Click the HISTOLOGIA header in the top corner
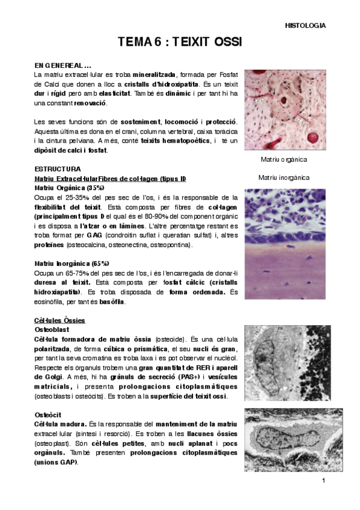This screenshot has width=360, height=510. coord(305,26)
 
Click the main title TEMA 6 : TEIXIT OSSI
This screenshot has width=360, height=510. coord(180,41)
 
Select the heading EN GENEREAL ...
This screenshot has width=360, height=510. coord(63,65)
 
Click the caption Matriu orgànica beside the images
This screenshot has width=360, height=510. coord(284,159)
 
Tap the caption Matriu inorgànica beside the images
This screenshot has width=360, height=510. coord(284,177)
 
